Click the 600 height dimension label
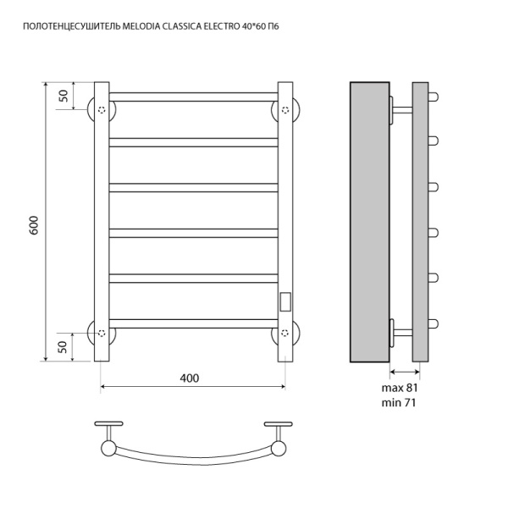pyautogui.click(x=34, y=225)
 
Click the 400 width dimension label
pyautogui.click(x=190, y=378)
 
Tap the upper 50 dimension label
pyautogui.click(x=63, y=96)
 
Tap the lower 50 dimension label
pyautogui.click(x=63, y=347)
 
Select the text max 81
pyautogui.click(x=400, y=388)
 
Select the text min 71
pyautogui.click(x=399, y=403)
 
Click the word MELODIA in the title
pyautogui.click(x=141, y=26)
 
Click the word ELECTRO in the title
pyautogui.click(x=221, y=26)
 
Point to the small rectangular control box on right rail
pyautogui.click(x=285, y=302)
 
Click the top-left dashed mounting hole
pyautogui.click(x=102, y=110)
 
